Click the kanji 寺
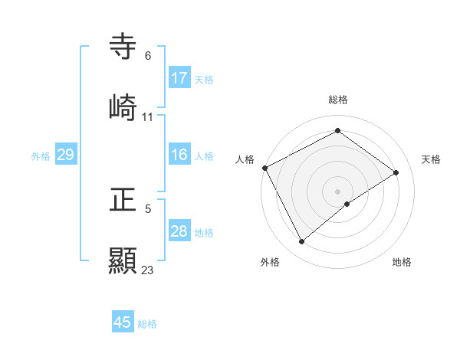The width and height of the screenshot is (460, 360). (x=123, y=47)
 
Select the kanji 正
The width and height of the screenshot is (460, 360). (x=123, y=201)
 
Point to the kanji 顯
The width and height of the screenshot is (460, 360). (x=123, y=260)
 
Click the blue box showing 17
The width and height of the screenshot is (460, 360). (x=179, y=78)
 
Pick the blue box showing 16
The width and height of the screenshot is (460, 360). (x=179, y=155)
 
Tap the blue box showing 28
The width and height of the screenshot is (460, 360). (x=179, y=231)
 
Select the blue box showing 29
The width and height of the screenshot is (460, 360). (x=66, y=155)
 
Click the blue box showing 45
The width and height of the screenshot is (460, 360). (x=123, y=322)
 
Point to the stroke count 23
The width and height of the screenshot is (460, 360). (x=148, y=270)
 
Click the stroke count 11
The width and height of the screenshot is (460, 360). (x=148, y=117)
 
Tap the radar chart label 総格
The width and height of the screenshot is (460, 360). (x=338, y=100)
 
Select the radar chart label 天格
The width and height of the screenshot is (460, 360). (x=432, y=159)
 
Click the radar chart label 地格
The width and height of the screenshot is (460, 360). (x=402, y=262)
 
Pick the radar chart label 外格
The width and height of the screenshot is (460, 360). (x=270, y=262)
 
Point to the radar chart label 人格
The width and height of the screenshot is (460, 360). (x=245, y=159)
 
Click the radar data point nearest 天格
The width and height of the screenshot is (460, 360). (x=396, y=172)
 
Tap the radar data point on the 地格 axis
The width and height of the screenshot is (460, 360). (x=347, y=204)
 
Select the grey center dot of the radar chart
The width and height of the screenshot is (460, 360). (x=338, y=191)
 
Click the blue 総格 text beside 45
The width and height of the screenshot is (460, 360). (x=147, y=324)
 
